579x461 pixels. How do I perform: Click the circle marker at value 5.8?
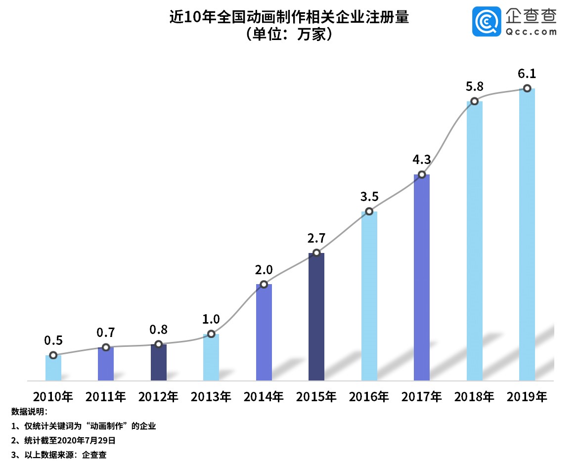474,101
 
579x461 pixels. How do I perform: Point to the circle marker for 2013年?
211,334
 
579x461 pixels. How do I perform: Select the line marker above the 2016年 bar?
369,211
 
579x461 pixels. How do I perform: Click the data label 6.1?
527,74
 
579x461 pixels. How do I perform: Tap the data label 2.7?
316,238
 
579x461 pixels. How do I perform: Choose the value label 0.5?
53,340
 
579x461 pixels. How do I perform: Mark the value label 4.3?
422,160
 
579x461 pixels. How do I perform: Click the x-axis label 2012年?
158,396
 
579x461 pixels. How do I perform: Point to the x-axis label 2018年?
474,396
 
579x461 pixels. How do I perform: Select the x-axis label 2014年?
264,396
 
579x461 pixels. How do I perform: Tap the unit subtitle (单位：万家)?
289,36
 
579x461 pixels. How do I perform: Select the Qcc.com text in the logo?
531,32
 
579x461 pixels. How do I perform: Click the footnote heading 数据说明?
29,411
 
